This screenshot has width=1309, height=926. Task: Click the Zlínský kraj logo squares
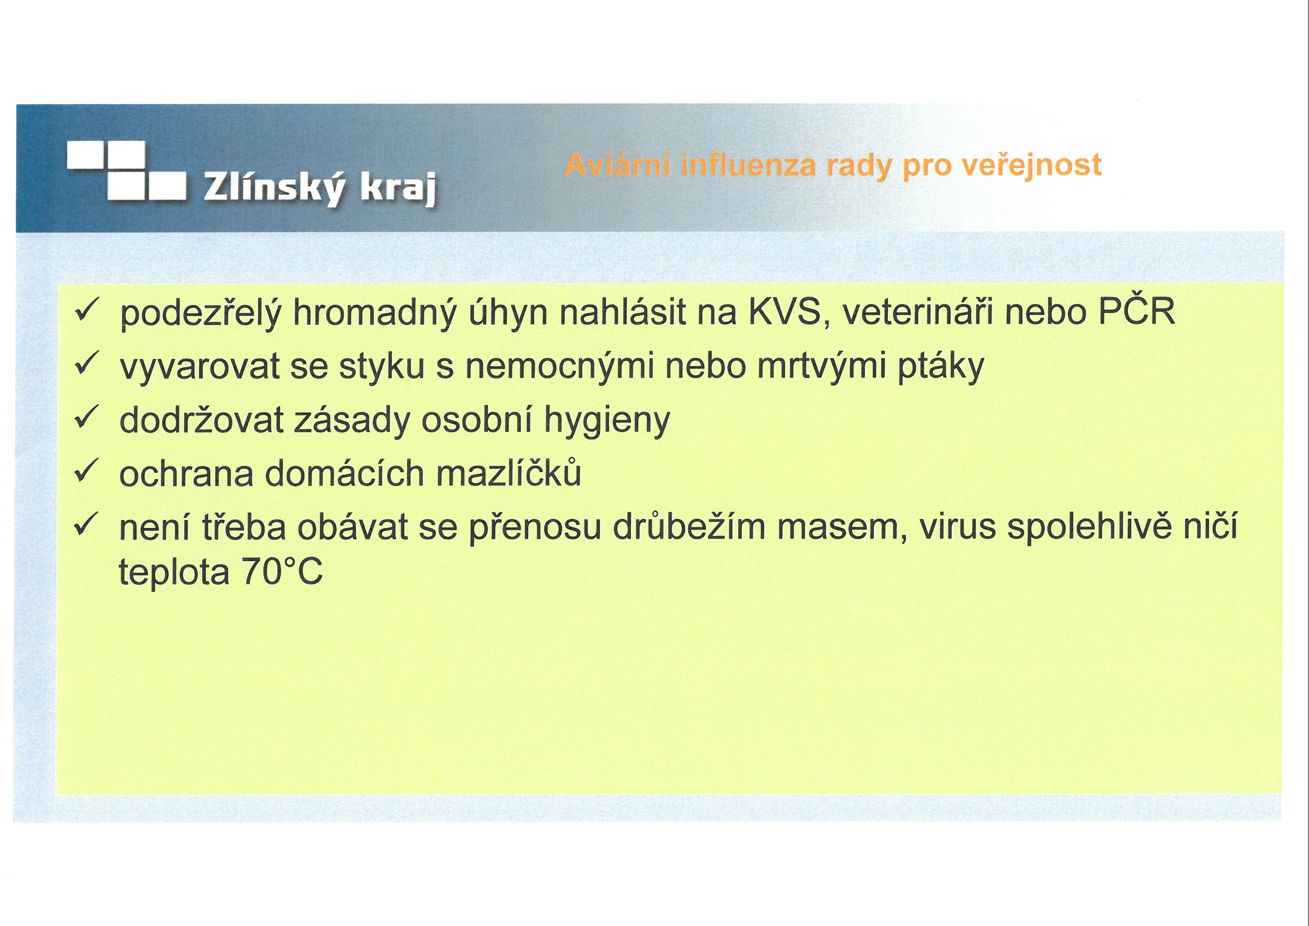[127, 171]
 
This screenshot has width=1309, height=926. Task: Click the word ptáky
[941, 367]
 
